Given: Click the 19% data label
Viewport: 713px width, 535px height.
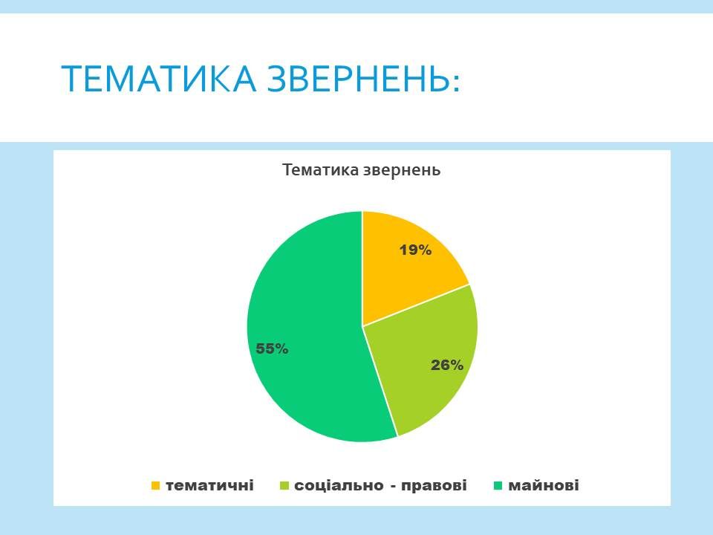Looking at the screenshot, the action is (x=415, y=250).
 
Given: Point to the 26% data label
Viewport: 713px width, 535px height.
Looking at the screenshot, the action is (x=447, y=365).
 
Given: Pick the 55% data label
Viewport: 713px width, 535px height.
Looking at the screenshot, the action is (x=272, y=348).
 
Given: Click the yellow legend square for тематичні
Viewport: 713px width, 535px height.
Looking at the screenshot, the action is (x=155, y=486).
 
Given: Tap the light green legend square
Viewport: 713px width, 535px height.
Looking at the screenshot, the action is (x=284, y=486).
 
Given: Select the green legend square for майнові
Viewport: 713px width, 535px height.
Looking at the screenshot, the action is (x=498, y=486).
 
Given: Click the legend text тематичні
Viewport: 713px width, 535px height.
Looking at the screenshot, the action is (x=209, y=485).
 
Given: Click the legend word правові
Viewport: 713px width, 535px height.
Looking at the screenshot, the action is (x=434, y=486).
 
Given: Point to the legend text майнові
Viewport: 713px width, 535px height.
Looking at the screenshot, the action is (x=544, y=485).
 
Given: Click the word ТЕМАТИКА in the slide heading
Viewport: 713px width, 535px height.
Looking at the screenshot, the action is (x=159, y=80).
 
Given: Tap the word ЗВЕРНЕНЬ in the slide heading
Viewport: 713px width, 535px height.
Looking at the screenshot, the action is (x=358, y=80).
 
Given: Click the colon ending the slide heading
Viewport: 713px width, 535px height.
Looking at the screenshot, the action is (x=456, y=82).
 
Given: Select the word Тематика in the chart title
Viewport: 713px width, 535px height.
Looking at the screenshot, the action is (x=321, y=170).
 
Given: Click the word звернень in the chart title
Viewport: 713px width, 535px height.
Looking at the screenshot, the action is (x=402, y=171).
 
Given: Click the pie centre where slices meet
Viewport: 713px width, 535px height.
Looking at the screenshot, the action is (x=362, y=326).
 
